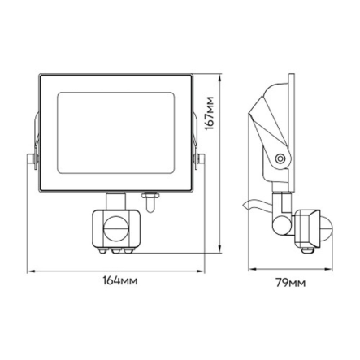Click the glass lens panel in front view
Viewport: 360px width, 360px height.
114,124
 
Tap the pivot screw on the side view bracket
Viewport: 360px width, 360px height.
280,157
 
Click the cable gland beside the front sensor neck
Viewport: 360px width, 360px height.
150,196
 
